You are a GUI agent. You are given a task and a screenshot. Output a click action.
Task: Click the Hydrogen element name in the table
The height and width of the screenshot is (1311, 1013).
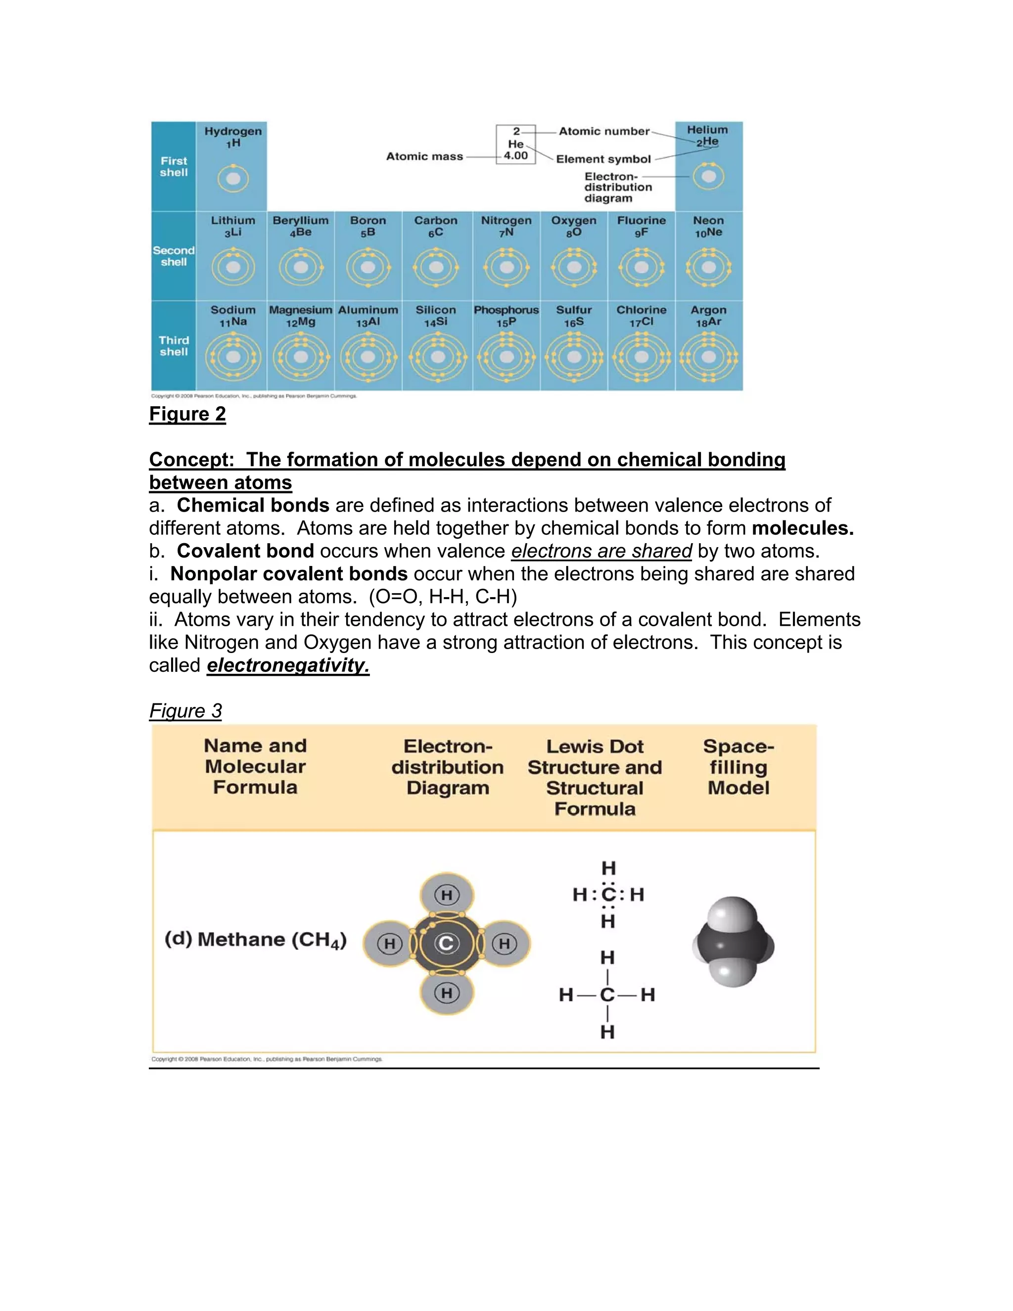click(x=233, y=131)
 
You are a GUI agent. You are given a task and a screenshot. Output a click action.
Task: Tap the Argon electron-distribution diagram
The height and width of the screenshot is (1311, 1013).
click(x=709, y=357)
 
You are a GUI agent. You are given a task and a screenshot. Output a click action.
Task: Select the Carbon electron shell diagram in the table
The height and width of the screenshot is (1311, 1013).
click(x=436, y=267)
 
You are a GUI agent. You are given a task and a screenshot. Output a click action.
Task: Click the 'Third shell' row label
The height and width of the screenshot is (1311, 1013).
click(x=174, y=346)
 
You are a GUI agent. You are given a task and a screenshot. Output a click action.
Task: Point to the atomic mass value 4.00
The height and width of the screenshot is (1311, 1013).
click(x=515, y=156)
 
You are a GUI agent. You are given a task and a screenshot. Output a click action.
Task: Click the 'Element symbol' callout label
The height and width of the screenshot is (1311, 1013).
click(x=603, y=159)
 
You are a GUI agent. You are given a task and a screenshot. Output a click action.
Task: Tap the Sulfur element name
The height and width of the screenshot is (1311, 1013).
click(x=574, y=310)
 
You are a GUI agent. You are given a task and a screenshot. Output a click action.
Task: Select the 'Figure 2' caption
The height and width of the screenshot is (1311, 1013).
click(x=187, y=414)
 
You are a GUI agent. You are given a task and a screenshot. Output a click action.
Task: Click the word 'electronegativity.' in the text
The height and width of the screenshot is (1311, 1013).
click(x=288, y=665)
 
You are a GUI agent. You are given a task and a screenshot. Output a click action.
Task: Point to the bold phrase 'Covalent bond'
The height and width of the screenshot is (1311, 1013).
click(x=245, y=551)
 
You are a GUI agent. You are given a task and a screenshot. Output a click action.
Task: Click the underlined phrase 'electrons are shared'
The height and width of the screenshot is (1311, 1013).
click(x=601, y=551)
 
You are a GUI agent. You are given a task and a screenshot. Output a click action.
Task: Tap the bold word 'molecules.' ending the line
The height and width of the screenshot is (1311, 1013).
click(x=802, y=528)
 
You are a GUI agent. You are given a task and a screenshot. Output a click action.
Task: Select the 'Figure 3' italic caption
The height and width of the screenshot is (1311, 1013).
click(x=185, y=711)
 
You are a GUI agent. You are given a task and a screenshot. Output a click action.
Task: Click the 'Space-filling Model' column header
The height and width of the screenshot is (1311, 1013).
click(x=738, y=767)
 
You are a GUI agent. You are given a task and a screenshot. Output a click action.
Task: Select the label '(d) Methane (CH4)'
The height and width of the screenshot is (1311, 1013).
click(x=256, y=939)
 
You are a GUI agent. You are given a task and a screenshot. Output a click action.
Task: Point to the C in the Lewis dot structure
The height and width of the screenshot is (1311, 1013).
click(x=608, y=894)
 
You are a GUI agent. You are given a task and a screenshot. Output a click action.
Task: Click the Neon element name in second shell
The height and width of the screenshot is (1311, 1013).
click(x=708, y=220)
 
